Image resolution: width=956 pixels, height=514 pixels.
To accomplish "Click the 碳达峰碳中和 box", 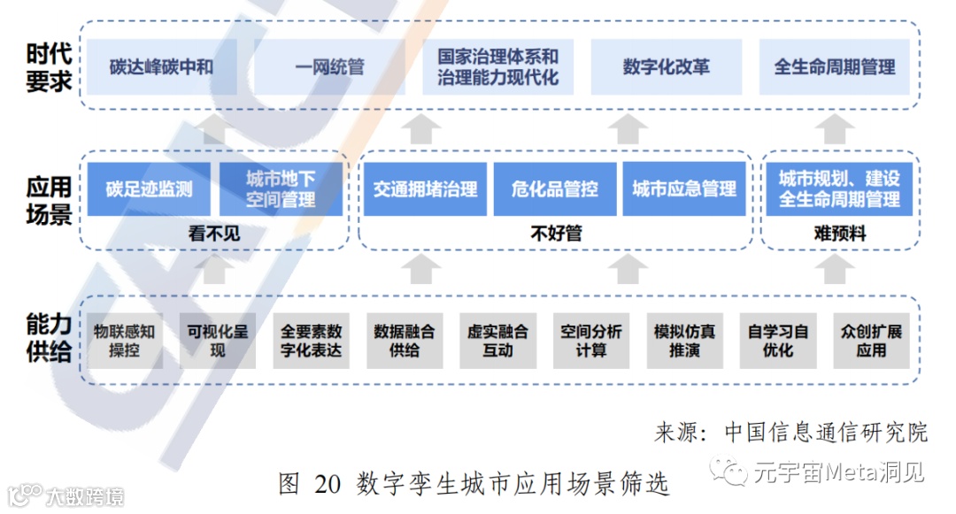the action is click(x=161, y=67).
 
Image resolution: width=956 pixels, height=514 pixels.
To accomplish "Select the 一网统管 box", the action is click(x=329, y=67).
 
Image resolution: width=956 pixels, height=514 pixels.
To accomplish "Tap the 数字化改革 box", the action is click(x=666, y=67).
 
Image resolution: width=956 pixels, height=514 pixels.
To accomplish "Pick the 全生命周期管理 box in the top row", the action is click(x=835, y=67).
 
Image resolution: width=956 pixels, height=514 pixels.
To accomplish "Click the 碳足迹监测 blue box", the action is click(x=149, y=189).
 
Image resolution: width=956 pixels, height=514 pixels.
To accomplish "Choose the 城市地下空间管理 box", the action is click(x=281, y=189).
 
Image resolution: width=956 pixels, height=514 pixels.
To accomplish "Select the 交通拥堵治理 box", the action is click(x=425, y=189).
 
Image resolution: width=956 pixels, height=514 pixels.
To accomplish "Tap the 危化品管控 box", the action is click(x=555, y=189).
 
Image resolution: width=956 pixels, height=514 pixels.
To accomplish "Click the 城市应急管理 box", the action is click(x=684, y=189).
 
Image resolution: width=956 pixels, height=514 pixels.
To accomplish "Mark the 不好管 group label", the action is click(x=555, y=234).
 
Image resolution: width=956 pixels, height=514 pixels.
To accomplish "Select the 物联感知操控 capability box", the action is click(x=125, y=341).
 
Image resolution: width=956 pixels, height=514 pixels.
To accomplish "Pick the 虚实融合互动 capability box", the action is click(x=497, y=341).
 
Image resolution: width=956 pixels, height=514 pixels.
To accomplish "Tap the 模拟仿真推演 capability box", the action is click(x=684, y=341).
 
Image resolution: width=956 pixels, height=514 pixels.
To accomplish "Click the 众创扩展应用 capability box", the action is click(x=871, y=341).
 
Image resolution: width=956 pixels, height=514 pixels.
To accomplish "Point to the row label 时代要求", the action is click(x=49, y=67).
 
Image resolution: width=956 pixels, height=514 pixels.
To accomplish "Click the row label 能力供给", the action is click(x=49, y=339).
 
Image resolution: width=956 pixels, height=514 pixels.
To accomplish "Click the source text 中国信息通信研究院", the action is click(x=826, y=432).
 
